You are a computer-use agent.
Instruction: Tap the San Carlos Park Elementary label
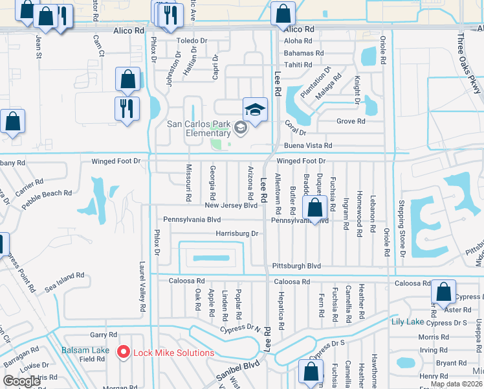[x=199, y=128]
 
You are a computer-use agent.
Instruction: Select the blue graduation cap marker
[x=255, y=109]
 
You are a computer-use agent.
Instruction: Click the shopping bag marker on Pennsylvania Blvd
[x=314, y=209]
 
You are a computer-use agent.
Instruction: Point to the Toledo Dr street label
[x=192, y=40]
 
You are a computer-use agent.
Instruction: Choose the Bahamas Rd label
[x=303, y=53]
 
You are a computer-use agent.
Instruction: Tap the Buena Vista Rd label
[x=308, y=146]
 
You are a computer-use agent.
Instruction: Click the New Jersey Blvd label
[x=231, y=206]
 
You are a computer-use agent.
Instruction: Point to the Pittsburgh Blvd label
[x=296, y=266]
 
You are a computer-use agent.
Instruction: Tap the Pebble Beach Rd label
[x=47, y=197]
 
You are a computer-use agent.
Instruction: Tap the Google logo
[x=22, y=381]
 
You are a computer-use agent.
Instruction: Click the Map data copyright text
[x=456, y=384]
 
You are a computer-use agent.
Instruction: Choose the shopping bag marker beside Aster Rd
[x=444, y=292]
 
